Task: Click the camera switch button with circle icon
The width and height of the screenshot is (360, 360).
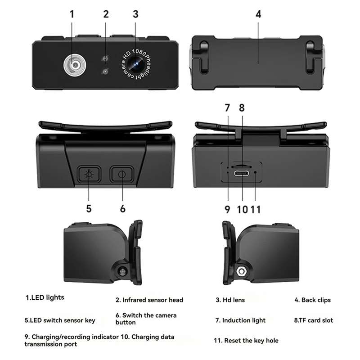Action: click(122, 174)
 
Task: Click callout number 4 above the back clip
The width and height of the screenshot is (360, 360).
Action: click(258, 13)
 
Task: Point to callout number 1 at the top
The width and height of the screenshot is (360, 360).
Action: click(72, 13)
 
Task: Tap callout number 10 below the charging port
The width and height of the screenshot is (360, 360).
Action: click(243, 209)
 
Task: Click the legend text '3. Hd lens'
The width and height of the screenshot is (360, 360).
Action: click(230, 300)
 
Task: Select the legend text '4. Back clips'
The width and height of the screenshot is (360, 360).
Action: click(312, 300)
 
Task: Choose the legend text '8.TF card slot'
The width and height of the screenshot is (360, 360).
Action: click(313, 320)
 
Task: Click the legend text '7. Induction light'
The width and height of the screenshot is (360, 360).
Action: click(240, 320)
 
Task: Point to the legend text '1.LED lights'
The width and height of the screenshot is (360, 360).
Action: click(45, 297)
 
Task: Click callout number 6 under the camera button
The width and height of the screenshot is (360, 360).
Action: click(123, 209)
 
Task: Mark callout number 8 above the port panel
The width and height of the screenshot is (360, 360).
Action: click(242, 108)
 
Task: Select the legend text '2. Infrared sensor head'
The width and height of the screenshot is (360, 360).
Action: click(149, 300)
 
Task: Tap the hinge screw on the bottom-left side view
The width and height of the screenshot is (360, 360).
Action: click(121, 271)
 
